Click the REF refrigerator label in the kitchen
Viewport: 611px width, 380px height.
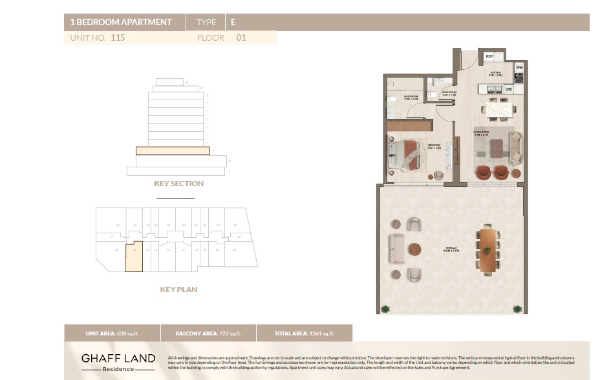pyautogui.click(x=490, y=56)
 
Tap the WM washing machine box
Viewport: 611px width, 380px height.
pyautogui.click(x=519, y=67)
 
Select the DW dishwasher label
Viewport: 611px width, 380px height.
pyautogui.click(x=509, y=89)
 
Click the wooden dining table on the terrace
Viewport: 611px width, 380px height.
pyautogui.click(x=487, y=249)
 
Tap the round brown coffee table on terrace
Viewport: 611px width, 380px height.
pyautogui.click(x=414, y=249)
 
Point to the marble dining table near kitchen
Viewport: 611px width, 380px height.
pyautogui.click(x=498, y=111)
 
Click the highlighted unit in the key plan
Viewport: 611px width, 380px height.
pyautogui.click(x=134, y=257)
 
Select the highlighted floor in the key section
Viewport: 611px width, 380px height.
pyautogui.click(x=173, y=151)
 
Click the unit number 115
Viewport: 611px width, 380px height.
pyautogui.click(x=118, y=37)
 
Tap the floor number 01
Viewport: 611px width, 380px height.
pyautogui.click(x=241, y=37)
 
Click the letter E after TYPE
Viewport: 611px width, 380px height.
pyautogui.click(x=233, y=22)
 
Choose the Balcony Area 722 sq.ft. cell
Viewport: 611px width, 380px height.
pyautogui.click(x=208, y=333)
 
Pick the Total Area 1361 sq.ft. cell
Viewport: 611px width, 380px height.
pyautogui.click(x=305, y=333)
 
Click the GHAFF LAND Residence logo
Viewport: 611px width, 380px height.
pyautogui.click(x=118, y=362)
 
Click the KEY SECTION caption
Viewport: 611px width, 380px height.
pyautogui.click(x=178, y=184)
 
